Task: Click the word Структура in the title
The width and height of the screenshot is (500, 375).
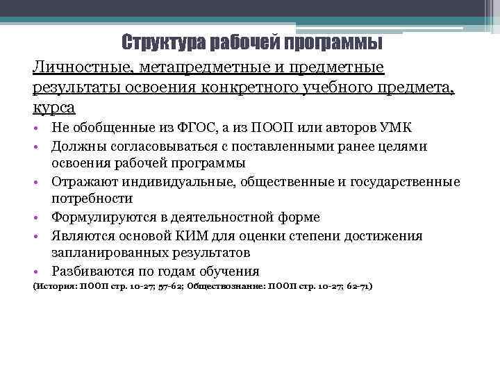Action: tap(156, 43)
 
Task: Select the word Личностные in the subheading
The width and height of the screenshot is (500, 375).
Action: tap(77, 68)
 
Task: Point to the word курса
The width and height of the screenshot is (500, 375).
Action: tap(53, 108)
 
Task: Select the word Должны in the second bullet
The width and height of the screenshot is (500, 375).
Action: tap(75, 147)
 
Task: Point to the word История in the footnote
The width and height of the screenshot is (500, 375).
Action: tap(54, 286)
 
